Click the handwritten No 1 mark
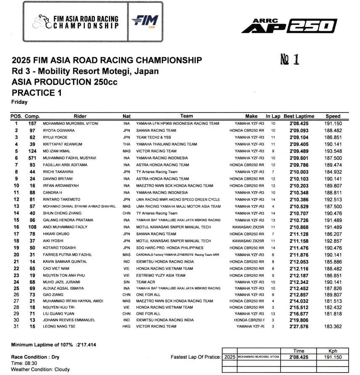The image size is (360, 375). (289, 59)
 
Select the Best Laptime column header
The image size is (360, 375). (299, 116)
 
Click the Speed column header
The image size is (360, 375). (333, 116)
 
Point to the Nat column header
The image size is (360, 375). (126, 116)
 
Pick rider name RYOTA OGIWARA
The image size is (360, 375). (58, 131)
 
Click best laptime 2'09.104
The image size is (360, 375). (299, 137)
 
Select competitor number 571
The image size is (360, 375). (32, 158)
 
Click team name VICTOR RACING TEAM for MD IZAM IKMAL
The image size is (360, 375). (156, 151)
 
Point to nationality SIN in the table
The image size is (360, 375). (126, 282)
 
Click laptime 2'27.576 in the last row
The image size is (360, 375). (299, 327)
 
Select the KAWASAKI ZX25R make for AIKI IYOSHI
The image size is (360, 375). (247, 241)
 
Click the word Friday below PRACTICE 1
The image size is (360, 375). (19, 102)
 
